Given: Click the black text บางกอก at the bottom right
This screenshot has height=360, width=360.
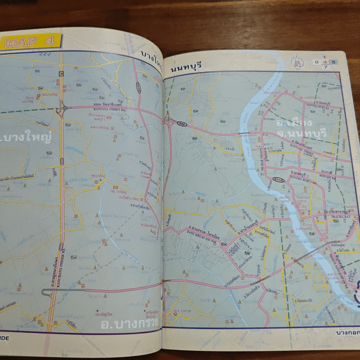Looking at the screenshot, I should pos(346,333).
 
